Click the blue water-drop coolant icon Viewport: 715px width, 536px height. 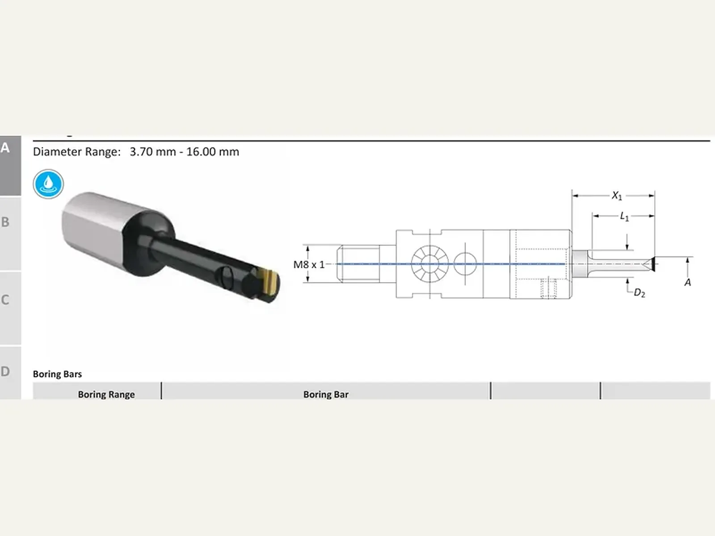tap(48, 184)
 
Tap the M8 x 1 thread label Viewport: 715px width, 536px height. tap(309, 264)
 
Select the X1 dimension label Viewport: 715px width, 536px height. tap(617, 196)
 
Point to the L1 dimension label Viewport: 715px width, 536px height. tap(624, 217)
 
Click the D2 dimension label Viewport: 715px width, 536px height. tap(639, 293)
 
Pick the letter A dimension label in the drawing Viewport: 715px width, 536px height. tap(687, 282)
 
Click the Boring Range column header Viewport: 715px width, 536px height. tap(106, 394)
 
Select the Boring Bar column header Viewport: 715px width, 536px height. tap(326, 394)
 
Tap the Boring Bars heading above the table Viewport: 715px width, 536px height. tap(57, 374)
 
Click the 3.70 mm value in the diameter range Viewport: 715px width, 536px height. tap(153, 152)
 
